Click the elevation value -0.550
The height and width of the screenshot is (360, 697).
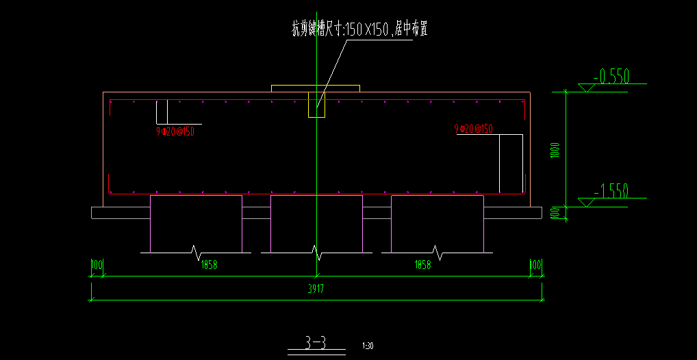[611, 76]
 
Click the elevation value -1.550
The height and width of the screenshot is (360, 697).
[611, 191]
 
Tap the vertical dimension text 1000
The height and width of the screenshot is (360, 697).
[555, 150]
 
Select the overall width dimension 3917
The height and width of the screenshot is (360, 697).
[316, 289]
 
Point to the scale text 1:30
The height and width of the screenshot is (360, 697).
[368, 346]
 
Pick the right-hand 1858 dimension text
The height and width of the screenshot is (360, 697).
[422, 265]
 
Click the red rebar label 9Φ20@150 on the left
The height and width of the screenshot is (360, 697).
[176, 131]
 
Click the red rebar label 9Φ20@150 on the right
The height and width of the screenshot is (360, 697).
[474, 129]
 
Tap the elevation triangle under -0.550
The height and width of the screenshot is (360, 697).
[587, 88]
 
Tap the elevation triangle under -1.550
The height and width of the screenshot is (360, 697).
[587, 203]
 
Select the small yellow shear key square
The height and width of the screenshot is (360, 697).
[316, 105]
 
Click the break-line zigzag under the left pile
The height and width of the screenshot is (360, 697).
[197, 253]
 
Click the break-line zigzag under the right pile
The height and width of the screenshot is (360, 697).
[437, 253]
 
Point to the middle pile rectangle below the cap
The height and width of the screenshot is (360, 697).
[316, 223]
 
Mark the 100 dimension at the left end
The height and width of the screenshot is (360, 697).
[97, 265]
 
